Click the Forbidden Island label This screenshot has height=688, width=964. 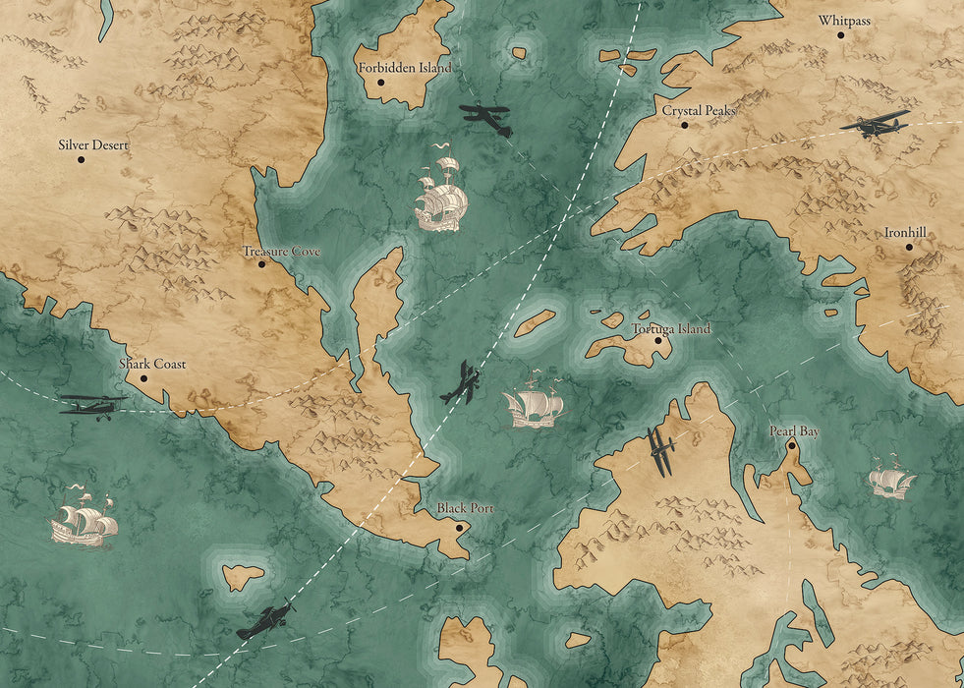404,68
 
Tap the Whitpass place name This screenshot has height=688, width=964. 844,20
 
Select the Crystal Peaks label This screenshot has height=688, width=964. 698,111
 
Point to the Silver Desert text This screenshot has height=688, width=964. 93,144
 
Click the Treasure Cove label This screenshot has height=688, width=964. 282,252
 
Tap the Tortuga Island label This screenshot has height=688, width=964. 671,329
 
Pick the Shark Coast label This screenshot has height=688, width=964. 152,364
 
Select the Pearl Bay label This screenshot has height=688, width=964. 794,430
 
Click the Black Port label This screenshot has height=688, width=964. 465,508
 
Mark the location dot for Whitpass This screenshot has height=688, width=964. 841,34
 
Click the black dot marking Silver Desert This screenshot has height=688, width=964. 82,159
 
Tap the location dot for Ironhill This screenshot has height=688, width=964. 909,247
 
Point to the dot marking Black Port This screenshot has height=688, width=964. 459,528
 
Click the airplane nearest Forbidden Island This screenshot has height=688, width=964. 486,118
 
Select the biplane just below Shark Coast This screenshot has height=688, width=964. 93,404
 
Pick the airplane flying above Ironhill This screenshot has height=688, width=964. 875,124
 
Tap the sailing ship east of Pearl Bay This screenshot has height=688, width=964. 891,479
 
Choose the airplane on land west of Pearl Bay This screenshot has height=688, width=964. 661,450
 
